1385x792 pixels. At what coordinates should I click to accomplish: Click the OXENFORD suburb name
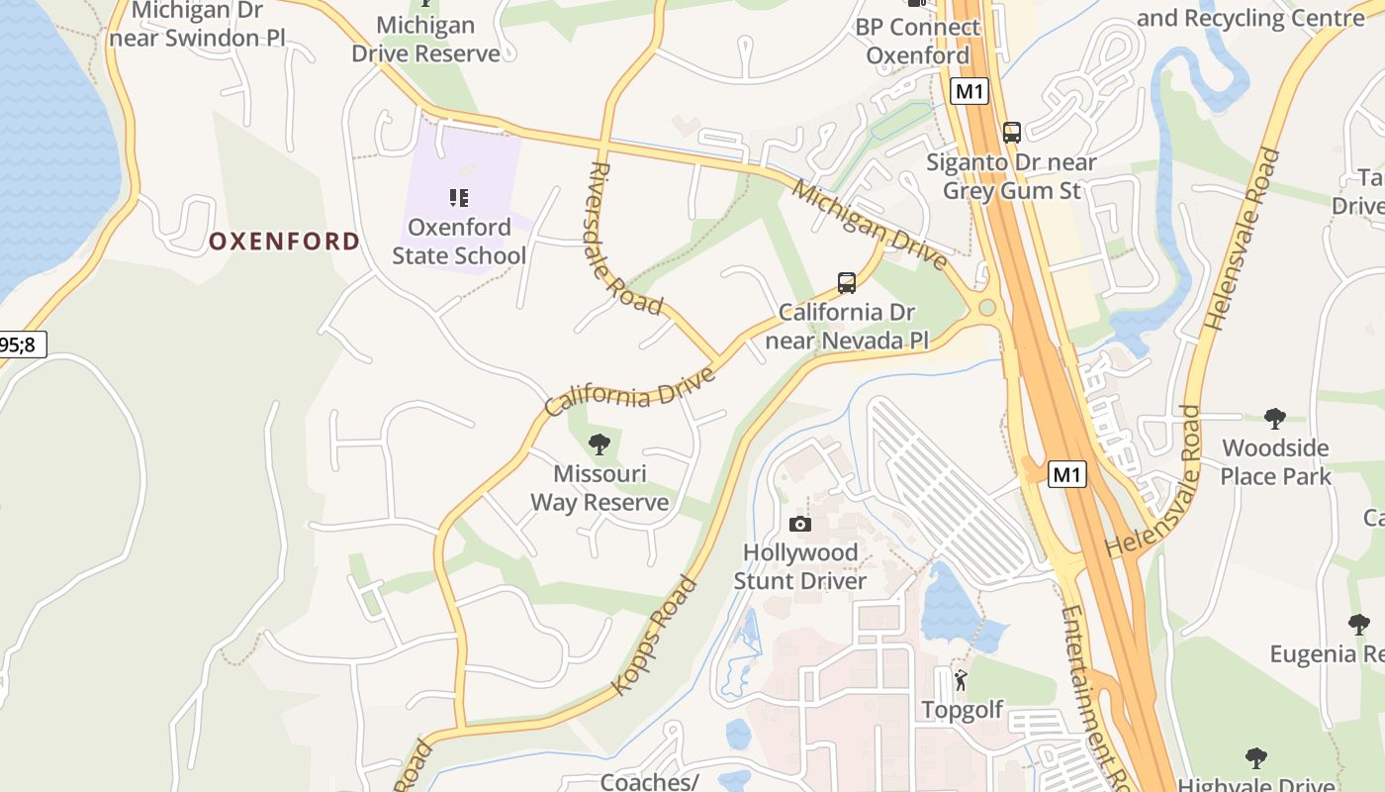pos(284,242)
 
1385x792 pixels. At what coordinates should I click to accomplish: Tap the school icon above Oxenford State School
pos(459,198)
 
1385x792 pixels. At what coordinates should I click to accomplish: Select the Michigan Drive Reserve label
pos(426,40)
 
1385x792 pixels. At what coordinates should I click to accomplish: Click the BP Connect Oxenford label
pos(917,42)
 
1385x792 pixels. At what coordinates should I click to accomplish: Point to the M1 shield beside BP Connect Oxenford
pos(969,92)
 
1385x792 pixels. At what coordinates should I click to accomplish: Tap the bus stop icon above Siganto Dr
pos(1011,132)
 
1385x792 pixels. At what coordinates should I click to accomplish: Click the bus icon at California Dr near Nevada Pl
pos(847,283)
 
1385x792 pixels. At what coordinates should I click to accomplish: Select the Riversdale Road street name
pos(626,239)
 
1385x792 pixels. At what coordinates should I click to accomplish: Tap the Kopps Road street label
pos(654,635)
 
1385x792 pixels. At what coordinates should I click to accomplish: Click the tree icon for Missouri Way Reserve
pos(599,444)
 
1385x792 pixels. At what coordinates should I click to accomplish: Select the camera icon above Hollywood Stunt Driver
pos(800,524)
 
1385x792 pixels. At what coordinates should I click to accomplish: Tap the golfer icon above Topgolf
pos(961,681)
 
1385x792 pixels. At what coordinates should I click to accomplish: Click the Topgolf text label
pos(962,710)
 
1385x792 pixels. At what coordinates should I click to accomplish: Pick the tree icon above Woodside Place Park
pos(1275,419)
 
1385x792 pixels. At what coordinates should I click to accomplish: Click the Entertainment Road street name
pos(1094,693)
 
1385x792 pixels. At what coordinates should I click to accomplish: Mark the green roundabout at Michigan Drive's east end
pos(986,308)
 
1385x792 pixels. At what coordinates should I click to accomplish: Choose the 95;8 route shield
pos(20,345)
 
